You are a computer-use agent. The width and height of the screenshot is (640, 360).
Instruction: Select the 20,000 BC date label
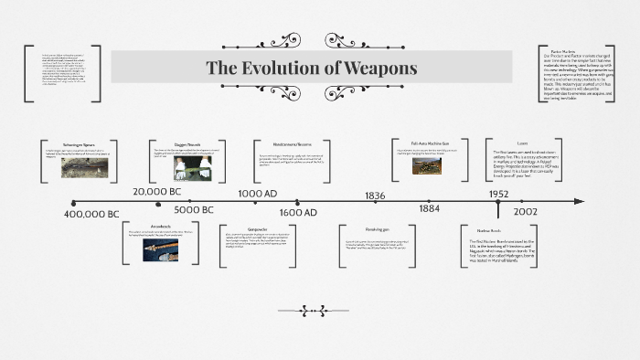tap(161, 192)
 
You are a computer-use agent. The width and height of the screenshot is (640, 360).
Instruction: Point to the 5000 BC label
tap(192, 210)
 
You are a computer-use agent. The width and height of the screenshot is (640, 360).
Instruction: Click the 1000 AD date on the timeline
tap(259, 194)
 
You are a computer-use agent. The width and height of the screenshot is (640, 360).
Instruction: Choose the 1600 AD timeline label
tap(298, 212)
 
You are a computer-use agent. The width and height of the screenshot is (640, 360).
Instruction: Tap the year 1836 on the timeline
tap(375, 195)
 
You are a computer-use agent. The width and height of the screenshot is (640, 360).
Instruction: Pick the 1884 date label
tap(430, 209)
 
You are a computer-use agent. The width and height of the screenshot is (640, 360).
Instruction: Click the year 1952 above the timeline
tap(498, 194)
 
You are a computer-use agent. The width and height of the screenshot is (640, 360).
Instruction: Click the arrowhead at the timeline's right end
tap(579, 202)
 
